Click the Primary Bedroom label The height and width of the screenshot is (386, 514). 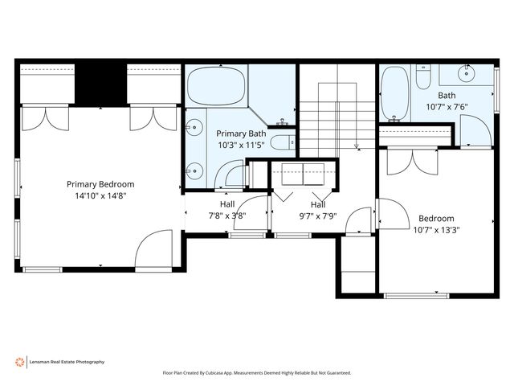pyautogui.click(x=100, y=184)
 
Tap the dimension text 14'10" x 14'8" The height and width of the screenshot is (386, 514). pyautogui.click(x=100, y=196)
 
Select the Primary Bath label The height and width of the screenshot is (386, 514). pyautogui.click(x=241, y=133)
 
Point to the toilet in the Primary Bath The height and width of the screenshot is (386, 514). pyautogui.click(x=283, y=143)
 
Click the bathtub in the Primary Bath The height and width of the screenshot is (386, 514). pyautogui.click(x=216, y=86)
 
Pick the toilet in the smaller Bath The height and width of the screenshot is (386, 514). pyautogui.click(x=423, y=77)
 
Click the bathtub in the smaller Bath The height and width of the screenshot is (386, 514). pyautogui.click(x=395, y=94)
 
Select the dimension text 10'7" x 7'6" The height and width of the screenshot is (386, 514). pyautogui.click(x=447, y=107)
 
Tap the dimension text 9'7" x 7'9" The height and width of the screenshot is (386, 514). pyautogui.click(x=318, y=216)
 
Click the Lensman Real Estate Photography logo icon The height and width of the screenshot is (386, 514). pyautogui.click(x=19, y=362)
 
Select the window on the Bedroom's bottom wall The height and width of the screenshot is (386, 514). pyautogui.click(x=416, y=296)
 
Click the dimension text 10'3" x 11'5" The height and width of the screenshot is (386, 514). pyautogui.click(x=241, y=145)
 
